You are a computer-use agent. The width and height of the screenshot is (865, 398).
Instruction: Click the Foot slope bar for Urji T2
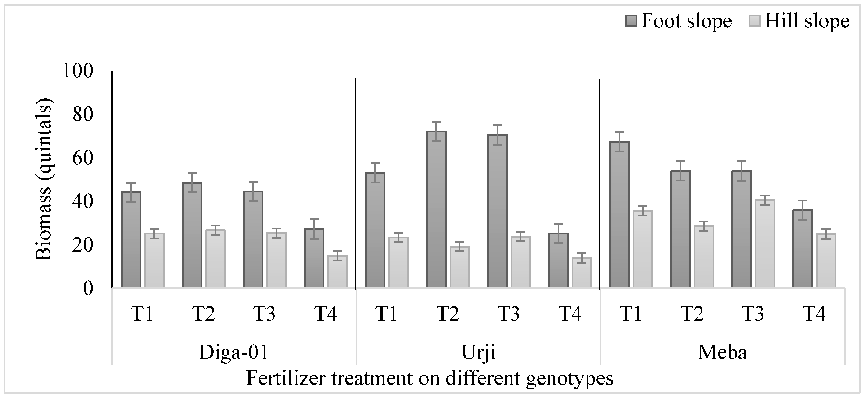pos(436,210)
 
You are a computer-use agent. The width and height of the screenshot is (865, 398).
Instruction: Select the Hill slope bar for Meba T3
pos(765,244)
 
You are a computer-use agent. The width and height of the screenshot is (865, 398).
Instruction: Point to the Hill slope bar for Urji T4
pos(582,273)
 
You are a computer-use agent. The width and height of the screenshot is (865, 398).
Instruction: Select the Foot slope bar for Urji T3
pos(497,212)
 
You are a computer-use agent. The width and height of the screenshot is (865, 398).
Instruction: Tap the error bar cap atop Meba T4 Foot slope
pos(802,200)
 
